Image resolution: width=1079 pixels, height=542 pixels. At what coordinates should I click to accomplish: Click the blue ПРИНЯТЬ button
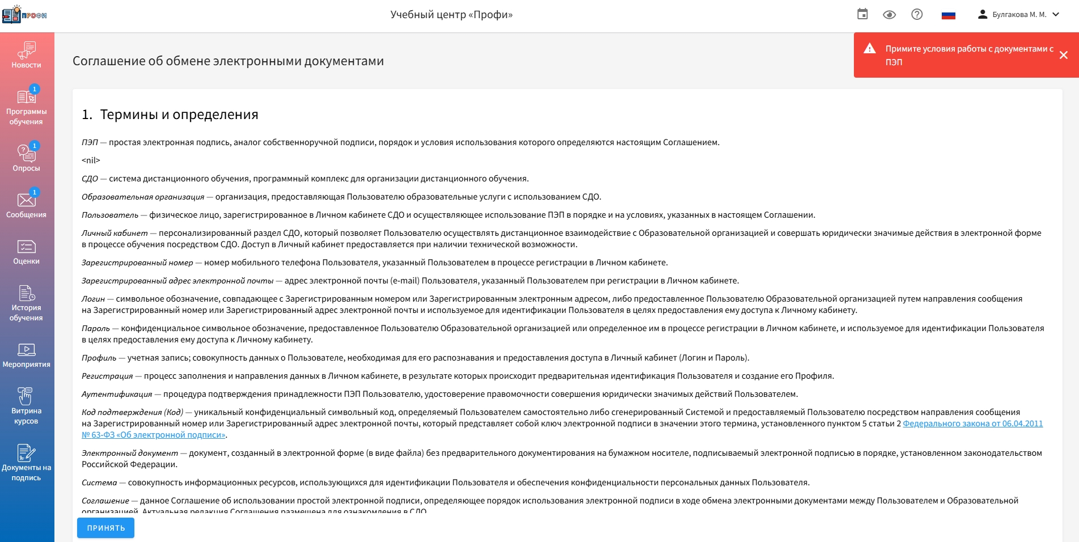click(x=105, y=528)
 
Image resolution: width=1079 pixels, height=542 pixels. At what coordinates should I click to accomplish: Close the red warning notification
click(x=1063, y=55)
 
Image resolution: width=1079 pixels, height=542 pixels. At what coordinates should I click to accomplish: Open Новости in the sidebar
click(x=26, y=56)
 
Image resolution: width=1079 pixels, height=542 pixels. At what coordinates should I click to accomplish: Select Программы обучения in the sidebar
click(x=26, y=107)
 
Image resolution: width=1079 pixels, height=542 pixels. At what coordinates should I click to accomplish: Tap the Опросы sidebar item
click(x=26, y=158)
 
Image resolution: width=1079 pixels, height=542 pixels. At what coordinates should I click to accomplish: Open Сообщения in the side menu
click(x=26, y=204)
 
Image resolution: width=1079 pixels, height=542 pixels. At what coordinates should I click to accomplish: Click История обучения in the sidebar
click(x=26, y=303)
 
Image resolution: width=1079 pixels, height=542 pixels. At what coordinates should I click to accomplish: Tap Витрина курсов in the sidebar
click(x=26, y=406)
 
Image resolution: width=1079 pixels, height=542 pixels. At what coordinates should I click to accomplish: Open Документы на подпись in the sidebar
click(x=26, y=463)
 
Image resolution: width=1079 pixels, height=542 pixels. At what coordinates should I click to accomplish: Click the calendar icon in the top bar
click(x=862, y=14)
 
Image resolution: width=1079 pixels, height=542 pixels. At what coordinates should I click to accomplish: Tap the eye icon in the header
click(x=889, y=15)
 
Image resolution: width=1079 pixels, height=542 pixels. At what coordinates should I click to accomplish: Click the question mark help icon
click(x=917, y=15)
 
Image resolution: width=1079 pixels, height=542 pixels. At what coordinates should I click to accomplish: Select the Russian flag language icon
click(x=948, y=15)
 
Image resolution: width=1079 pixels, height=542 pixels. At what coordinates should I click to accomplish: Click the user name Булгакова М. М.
click(x=1019, y=15)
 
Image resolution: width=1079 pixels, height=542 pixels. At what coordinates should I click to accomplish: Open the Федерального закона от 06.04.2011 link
click(x=972, y=424)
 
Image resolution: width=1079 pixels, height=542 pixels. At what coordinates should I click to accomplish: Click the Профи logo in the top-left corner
click(x=24, y=15)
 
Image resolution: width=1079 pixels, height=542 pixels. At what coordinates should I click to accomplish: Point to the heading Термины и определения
click(x=179, y=115)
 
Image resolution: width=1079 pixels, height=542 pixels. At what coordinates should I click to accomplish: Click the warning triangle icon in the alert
click(x=870, y=49)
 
